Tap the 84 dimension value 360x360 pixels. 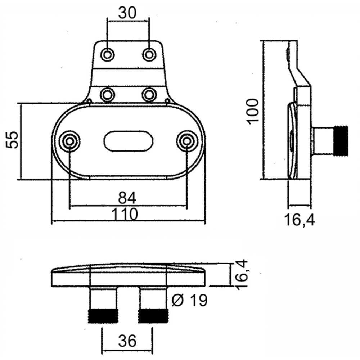[x=127, y=198]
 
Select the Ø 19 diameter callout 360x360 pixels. [x=189, y=300]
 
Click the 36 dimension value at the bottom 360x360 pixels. [x=127, y=341]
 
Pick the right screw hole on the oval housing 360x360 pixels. [x=187, y=141]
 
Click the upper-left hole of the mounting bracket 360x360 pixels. [x=107, y=55]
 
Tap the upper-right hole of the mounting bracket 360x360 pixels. [x=149, y=55]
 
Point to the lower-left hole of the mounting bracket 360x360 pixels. [x=107, y=95]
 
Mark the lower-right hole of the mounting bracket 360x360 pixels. [x=149, y=95]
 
